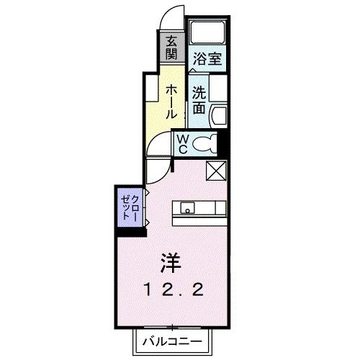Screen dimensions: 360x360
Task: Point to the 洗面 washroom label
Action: point(199,101)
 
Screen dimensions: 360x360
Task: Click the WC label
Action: point(183,143)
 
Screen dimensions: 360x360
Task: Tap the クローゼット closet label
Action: point(130,206)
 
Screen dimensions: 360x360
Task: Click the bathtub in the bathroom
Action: point(208,32)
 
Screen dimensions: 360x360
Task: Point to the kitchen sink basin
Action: point(186,210)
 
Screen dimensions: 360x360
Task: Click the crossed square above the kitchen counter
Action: point(216,171)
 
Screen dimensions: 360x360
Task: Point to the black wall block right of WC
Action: point(223,142)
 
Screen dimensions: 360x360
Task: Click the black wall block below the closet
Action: point(130,231)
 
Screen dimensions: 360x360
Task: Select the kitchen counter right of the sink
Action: point(211,209)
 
